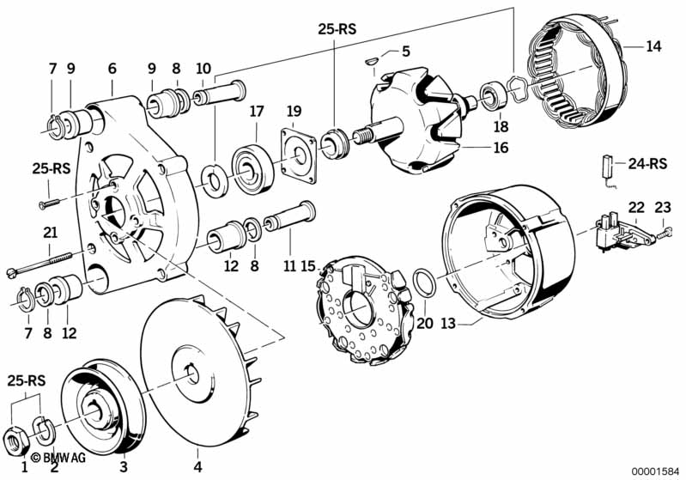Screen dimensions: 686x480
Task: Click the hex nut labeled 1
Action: (15, 441)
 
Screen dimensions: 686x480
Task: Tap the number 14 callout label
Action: (653, 46)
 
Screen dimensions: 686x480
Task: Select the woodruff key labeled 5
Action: (371, 61)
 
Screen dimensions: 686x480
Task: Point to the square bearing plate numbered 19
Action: (298, 155)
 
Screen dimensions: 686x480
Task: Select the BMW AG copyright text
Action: (58, 459)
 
